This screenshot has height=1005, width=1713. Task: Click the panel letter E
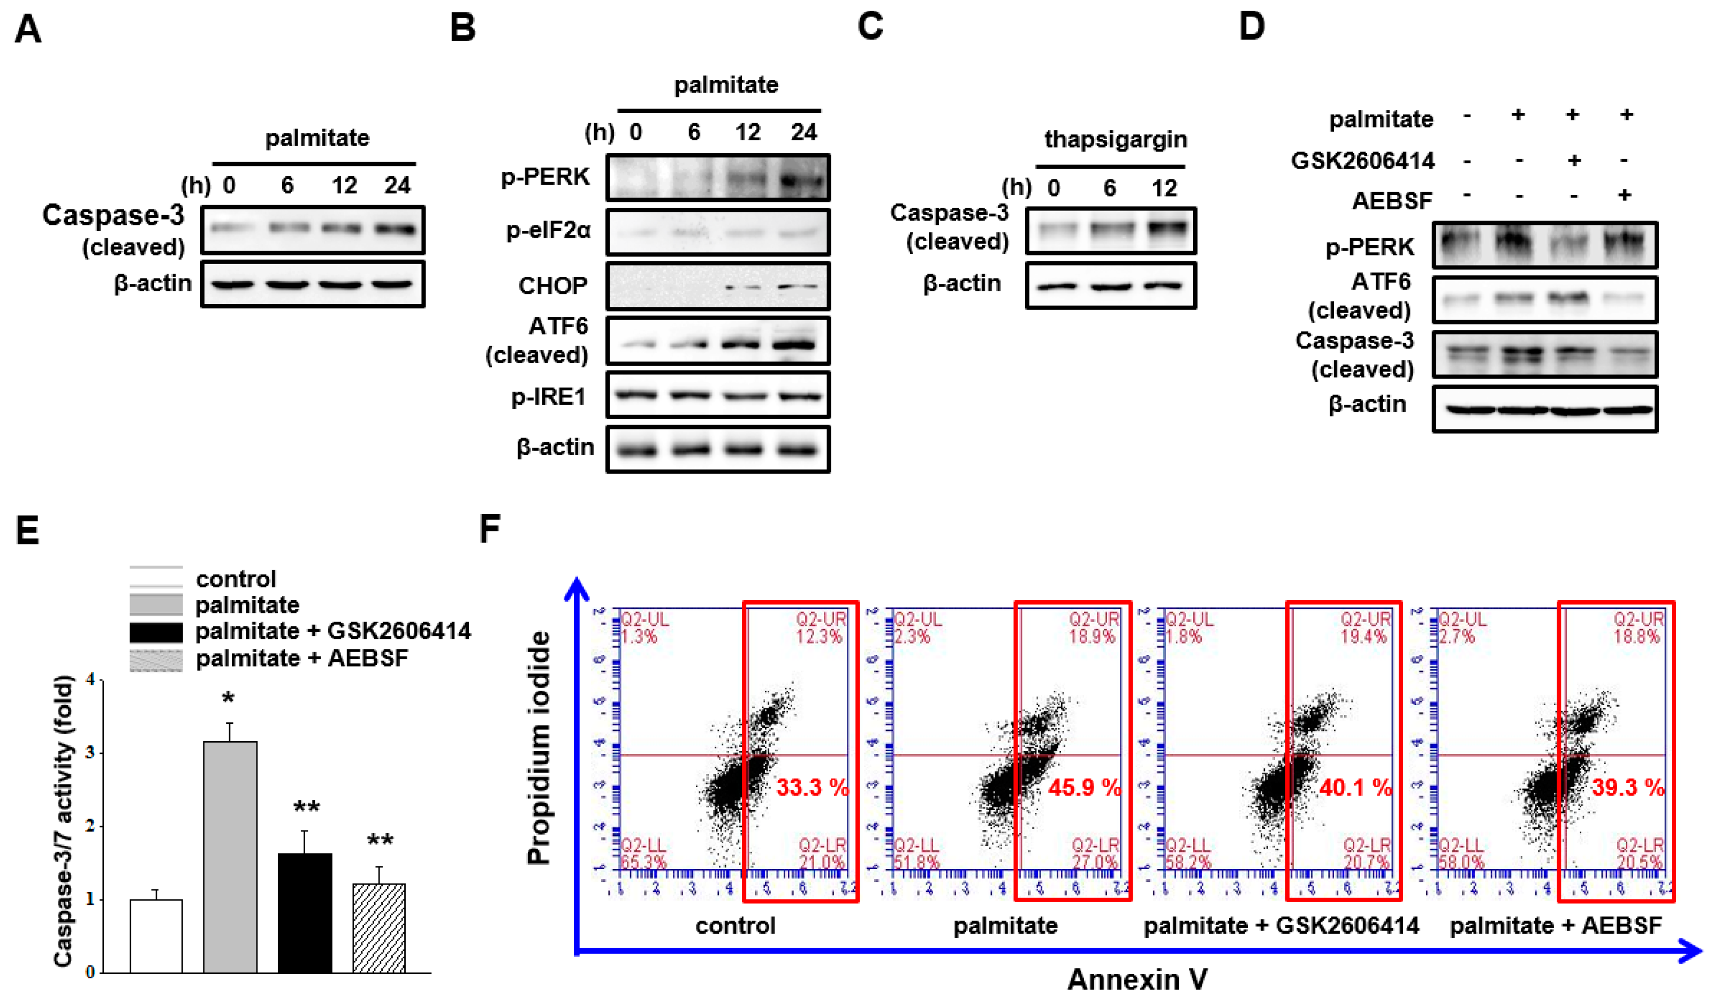pyautogui.click(x=27, y=531)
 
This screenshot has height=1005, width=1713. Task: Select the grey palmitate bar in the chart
pyautogui.click(x=230, y=857)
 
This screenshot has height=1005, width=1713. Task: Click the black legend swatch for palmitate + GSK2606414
pyautogui.click(x=156, y=632)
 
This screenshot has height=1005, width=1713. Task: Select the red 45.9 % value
pyautogui.click(x=1084, y=788)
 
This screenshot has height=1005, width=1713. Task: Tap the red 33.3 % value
pyautogui.click(x=812, y=788)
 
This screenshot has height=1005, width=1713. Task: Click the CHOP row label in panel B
pyautogui.click(x=552, y=285)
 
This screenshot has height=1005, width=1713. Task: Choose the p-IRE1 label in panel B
pyautogui.click(x=549, y=396)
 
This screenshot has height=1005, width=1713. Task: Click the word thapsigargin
pyautogui.click(x=1116, y=139)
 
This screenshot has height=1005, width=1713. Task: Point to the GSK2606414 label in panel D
pyautogui.click(x=1362, y=161)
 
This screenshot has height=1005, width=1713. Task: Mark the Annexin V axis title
pyautogui.click(x=1137, y=979)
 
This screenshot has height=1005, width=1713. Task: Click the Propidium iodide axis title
pyautogui.click(x=539, y=748)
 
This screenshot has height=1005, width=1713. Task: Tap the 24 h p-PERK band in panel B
pyautogui.click(x=803, y=181)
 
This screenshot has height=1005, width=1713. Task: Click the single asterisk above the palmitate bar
pyautogui.click(x=229, y=698)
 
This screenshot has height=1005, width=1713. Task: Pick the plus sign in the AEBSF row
pyautogui.click(x=1625, y=195)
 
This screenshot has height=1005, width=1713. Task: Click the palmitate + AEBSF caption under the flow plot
pyautogui.click(x=1555, y=925)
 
